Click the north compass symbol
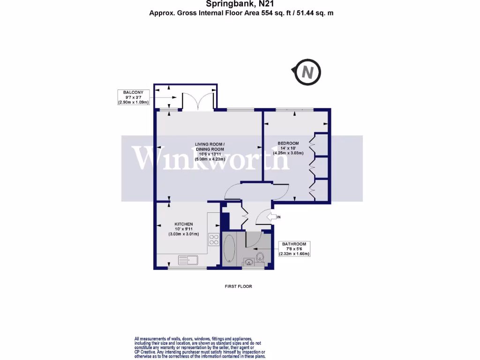coord(307,73)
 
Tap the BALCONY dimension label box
coord(134,97)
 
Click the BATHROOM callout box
coord(294,248)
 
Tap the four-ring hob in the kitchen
coord(214,239)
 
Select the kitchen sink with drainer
coord(188,259)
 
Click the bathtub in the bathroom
coord(230,248)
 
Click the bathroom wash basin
coord(248,261)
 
